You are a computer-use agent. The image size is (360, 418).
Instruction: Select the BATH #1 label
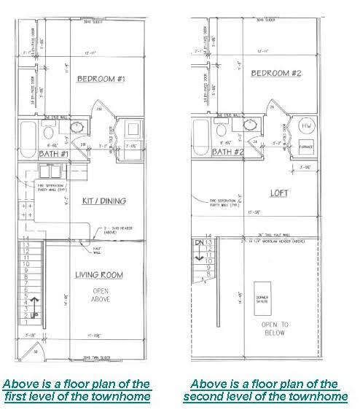34,154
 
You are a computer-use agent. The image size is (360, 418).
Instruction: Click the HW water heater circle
306,126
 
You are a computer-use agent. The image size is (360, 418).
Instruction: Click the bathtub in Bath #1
27,135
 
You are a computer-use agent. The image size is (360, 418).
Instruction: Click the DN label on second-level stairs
195,241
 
